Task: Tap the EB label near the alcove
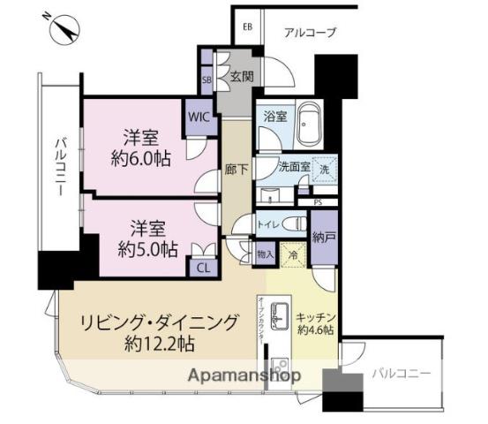tap(249, 26)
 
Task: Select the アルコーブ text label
tap(310, 33)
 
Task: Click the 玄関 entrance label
tap(243, 77)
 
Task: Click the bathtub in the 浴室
tap(309, 126)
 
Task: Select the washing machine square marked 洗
tap(325, 170)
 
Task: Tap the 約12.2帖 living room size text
tap(160, 343)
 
